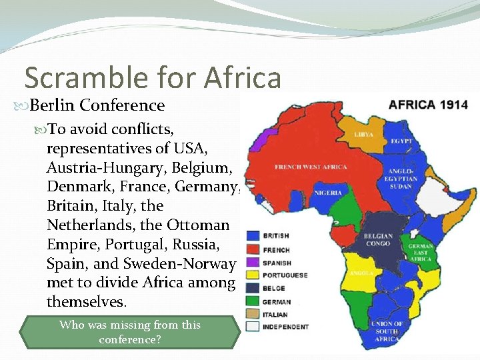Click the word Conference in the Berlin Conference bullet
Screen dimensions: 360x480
[123, 105]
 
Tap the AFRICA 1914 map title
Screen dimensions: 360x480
[427, 105]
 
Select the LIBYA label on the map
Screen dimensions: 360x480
[363, 134]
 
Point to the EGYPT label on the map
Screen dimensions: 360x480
[402, 141]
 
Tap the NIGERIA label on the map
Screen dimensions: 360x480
[327, 193]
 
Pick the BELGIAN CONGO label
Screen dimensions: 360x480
[377, 239]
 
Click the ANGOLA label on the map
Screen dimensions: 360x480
[360, 273]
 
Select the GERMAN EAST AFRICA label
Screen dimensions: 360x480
[421, 253]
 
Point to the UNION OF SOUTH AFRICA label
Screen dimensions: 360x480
[387, 331]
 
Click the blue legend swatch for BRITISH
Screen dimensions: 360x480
[253, 236]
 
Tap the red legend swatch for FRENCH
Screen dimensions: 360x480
[253, 249]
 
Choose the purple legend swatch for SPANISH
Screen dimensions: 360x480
[253, 262]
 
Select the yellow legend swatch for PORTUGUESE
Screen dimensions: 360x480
[253, 275]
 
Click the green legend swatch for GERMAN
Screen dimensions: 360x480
[253, 301]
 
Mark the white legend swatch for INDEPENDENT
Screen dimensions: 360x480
[253, 327]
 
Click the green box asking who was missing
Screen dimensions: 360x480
[130, 332]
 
